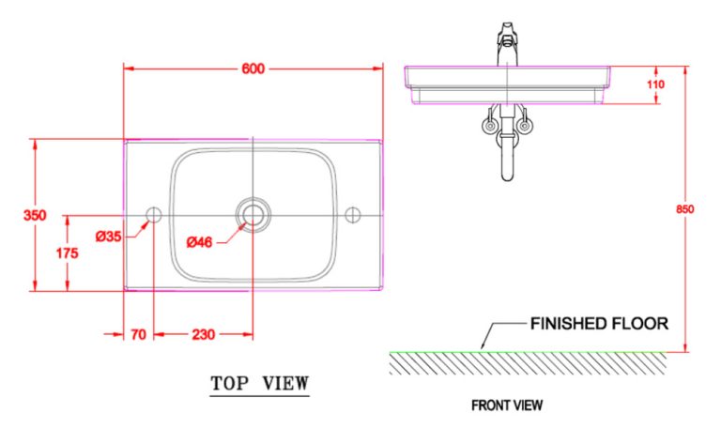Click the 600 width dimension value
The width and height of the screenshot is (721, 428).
pos(253,69)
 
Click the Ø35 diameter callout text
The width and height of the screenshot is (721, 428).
pos(108,237)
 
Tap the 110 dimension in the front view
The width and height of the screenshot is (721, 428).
pos(655,84)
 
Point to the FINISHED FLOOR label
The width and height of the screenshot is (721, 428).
pos(599,324)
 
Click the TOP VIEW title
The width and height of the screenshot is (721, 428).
pos(259,383)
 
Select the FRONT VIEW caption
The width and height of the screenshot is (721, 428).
pos(506,405)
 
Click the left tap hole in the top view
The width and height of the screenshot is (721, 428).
pos(154,215)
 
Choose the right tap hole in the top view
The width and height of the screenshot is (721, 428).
pos(353,215)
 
